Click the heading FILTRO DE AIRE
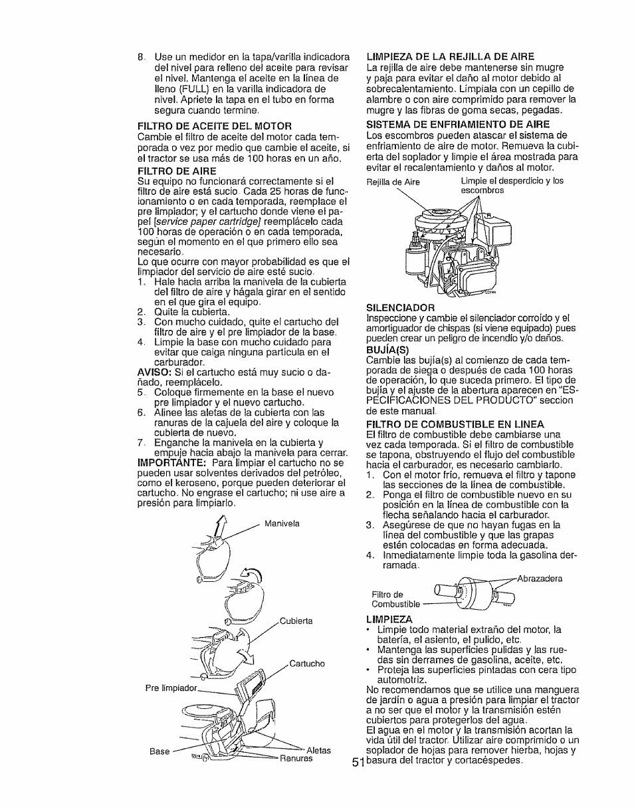point(167,171)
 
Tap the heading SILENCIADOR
point(400,307)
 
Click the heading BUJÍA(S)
point(386,347)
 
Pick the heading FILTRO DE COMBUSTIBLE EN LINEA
point(455,424)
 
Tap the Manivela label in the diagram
point(282,523)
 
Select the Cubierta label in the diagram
point(296,620)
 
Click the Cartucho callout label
point(307,664)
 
